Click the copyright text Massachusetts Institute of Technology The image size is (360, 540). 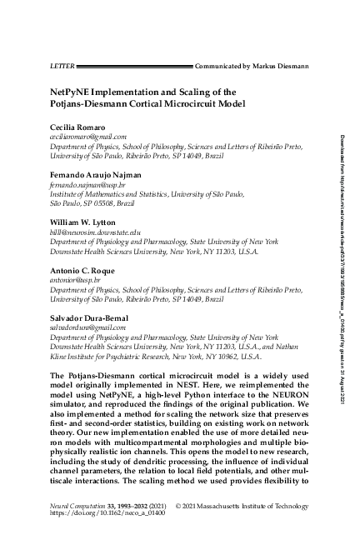pyautogui.click(x=263, y=506)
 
